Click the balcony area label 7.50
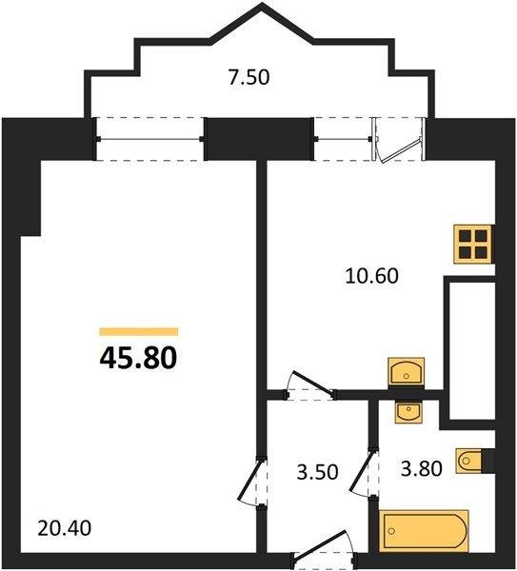coord(249,77)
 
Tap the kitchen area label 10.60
coord(371,276)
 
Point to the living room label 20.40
coord(64,528)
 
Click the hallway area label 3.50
coord(318,472)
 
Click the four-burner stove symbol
coord(473,244)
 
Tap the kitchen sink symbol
coord(407,371)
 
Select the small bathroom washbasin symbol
coord(408,412)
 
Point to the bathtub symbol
coord(424,531)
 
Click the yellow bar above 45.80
coord(139,331)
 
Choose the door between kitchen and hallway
coord(310,387)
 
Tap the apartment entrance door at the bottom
coord(323,551)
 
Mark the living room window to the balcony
coord(149,139)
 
